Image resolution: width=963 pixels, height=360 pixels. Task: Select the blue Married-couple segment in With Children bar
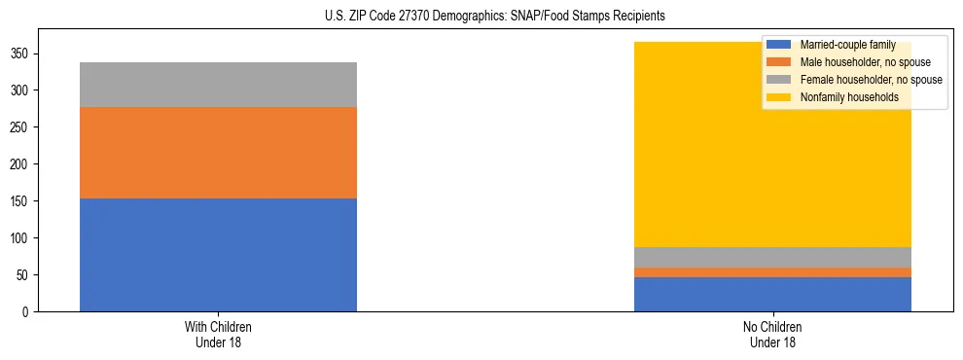[x=218, y=255]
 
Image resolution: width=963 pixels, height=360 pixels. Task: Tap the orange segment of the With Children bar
[x=218, y=153]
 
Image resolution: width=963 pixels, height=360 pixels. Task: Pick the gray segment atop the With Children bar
[x=218, y=85]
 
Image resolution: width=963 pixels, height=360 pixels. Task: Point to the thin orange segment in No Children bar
[x=772, y=272]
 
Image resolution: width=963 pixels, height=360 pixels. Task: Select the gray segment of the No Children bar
[x=772, y=257]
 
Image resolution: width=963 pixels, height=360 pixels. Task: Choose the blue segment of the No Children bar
[x=772, y=294]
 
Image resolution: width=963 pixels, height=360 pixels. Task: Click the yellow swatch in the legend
[x=779, y=97]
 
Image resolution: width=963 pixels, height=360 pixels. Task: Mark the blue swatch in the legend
[x=779, y=45]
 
